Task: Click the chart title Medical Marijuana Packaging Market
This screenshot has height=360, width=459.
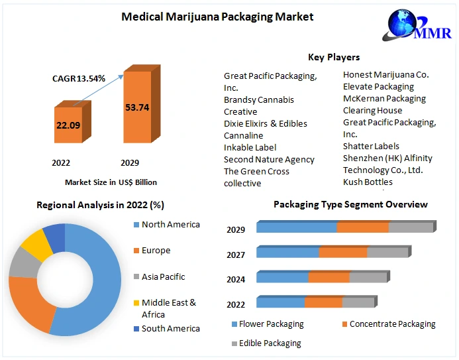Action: tap(217, 17)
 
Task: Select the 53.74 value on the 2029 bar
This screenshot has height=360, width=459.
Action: tap(137, 107)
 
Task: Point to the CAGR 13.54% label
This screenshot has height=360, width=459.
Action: tap(79, 78)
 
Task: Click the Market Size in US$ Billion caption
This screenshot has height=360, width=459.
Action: tap(111, 182)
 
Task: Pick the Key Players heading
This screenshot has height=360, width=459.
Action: tap(334, 57)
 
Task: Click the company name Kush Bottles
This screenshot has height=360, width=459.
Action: tap(368, 182)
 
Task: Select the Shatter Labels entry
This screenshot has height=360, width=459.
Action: tap(371, 146)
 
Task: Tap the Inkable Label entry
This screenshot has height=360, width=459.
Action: tap(250, 147)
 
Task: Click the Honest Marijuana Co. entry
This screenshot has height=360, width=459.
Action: tap(385, 74)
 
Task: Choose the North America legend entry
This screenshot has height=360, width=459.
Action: tap(170, 225)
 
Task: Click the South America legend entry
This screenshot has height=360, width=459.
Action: tap(170, 328)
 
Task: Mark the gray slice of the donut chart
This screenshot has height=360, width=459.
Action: tap(23, 263)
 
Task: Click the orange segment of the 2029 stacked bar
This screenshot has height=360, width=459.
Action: tap(362, 227)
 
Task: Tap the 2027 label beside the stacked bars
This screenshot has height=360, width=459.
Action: tap(236, 255)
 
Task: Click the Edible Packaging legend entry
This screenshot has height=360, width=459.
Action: tap(269, 343)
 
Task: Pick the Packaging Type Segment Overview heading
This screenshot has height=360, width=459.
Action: tap(350, 204)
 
